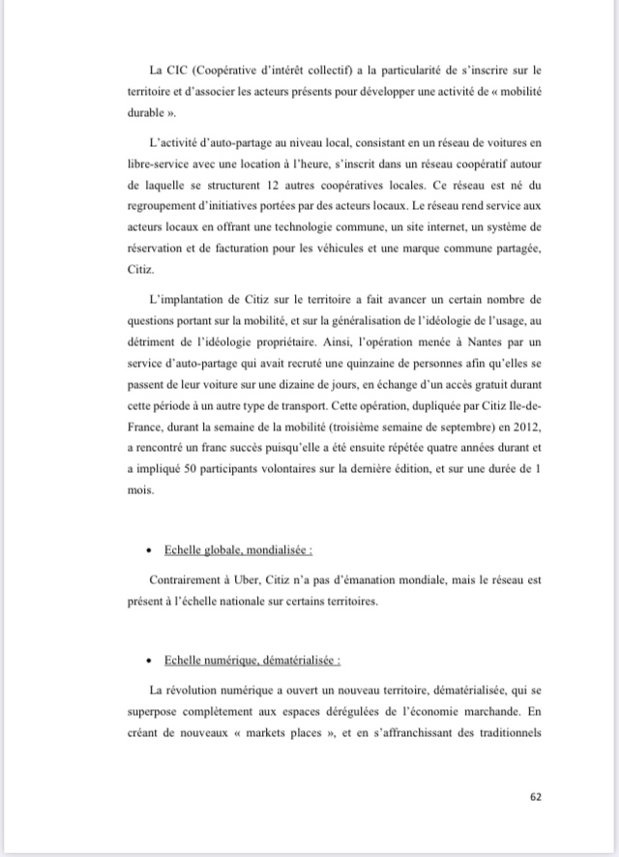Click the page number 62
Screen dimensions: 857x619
click(537, 797)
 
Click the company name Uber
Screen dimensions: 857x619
click(259, 582)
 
